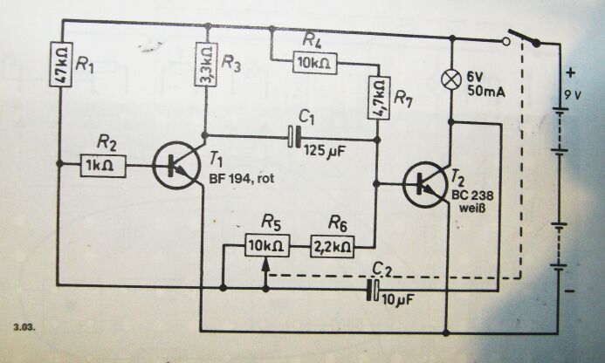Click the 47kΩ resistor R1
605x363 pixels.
coord(61,64)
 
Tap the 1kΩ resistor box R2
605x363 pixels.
coord(103,166)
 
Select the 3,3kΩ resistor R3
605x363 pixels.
coord(206,64)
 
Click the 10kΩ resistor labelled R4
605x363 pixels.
coord(315,63)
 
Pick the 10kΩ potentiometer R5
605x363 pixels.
coord(267,245)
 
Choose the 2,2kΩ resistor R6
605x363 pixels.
coord(333,246)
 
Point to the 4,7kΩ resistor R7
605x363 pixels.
coord(378,98)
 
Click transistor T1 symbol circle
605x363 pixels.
coord(176,166)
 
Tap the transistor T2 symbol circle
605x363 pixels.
coord(425,184)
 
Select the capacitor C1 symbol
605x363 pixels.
coord(294,137)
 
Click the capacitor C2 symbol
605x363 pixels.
coord(373,290)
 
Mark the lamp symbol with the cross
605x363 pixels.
coord(451,79)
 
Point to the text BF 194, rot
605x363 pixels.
coord(242,179)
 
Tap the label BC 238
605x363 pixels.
coord(472,195)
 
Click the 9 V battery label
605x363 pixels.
coord(573,94)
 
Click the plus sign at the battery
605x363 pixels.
coord(571,72)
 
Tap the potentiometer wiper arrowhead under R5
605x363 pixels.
coord(265,264)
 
